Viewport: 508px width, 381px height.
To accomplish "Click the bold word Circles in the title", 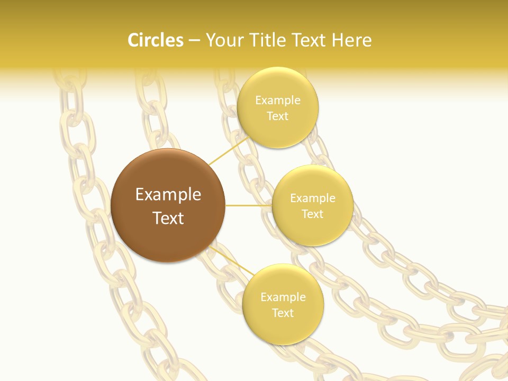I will (156, 40).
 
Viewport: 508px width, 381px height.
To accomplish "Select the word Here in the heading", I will (352, 40).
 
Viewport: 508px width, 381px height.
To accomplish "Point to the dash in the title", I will (194, 41).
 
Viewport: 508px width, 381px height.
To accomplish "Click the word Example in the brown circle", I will (168, 195).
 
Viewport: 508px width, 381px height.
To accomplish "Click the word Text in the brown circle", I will (168, 218).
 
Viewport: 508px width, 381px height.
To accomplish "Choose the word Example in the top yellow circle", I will (278, 101).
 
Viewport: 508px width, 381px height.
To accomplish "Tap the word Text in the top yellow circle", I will (278, 116).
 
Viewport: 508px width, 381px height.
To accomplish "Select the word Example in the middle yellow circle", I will (313, 198).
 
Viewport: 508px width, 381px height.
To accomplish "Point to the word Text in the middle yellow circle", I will (313, 214).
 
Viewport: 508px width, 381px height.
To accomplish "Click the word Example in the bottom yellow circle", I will (283, 297).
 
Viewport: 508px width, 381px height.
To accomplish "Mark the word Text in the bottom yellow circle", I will (283, 313).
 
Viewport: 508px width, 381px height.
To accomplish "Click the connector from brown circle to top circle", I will (229, 150).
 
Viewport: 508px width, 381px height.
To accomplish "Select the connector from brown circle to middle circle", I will (248, 205).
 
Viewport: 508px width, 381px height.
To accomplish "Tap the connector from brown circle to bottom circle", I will (233, 261).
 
